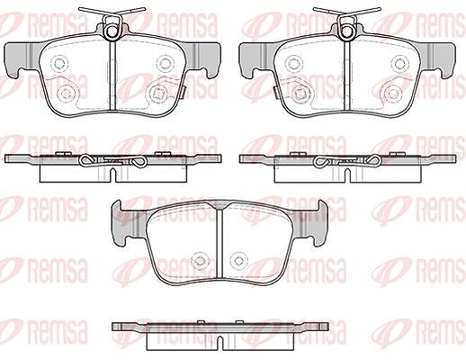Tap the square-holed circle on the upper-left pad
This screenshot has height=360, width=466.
[157, 94]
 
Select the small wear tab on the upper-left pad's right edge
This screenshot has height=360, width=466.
[184, 92]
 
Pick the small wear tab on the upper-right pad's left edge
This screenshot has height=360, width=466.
[275, 92]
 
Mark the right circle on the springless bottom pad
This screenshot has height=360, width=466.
[238, 261]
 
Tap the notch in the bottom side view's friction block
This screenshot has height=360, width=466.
[220, 343]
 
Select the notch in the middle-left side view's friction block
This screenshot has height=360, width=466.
[112, 175]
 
